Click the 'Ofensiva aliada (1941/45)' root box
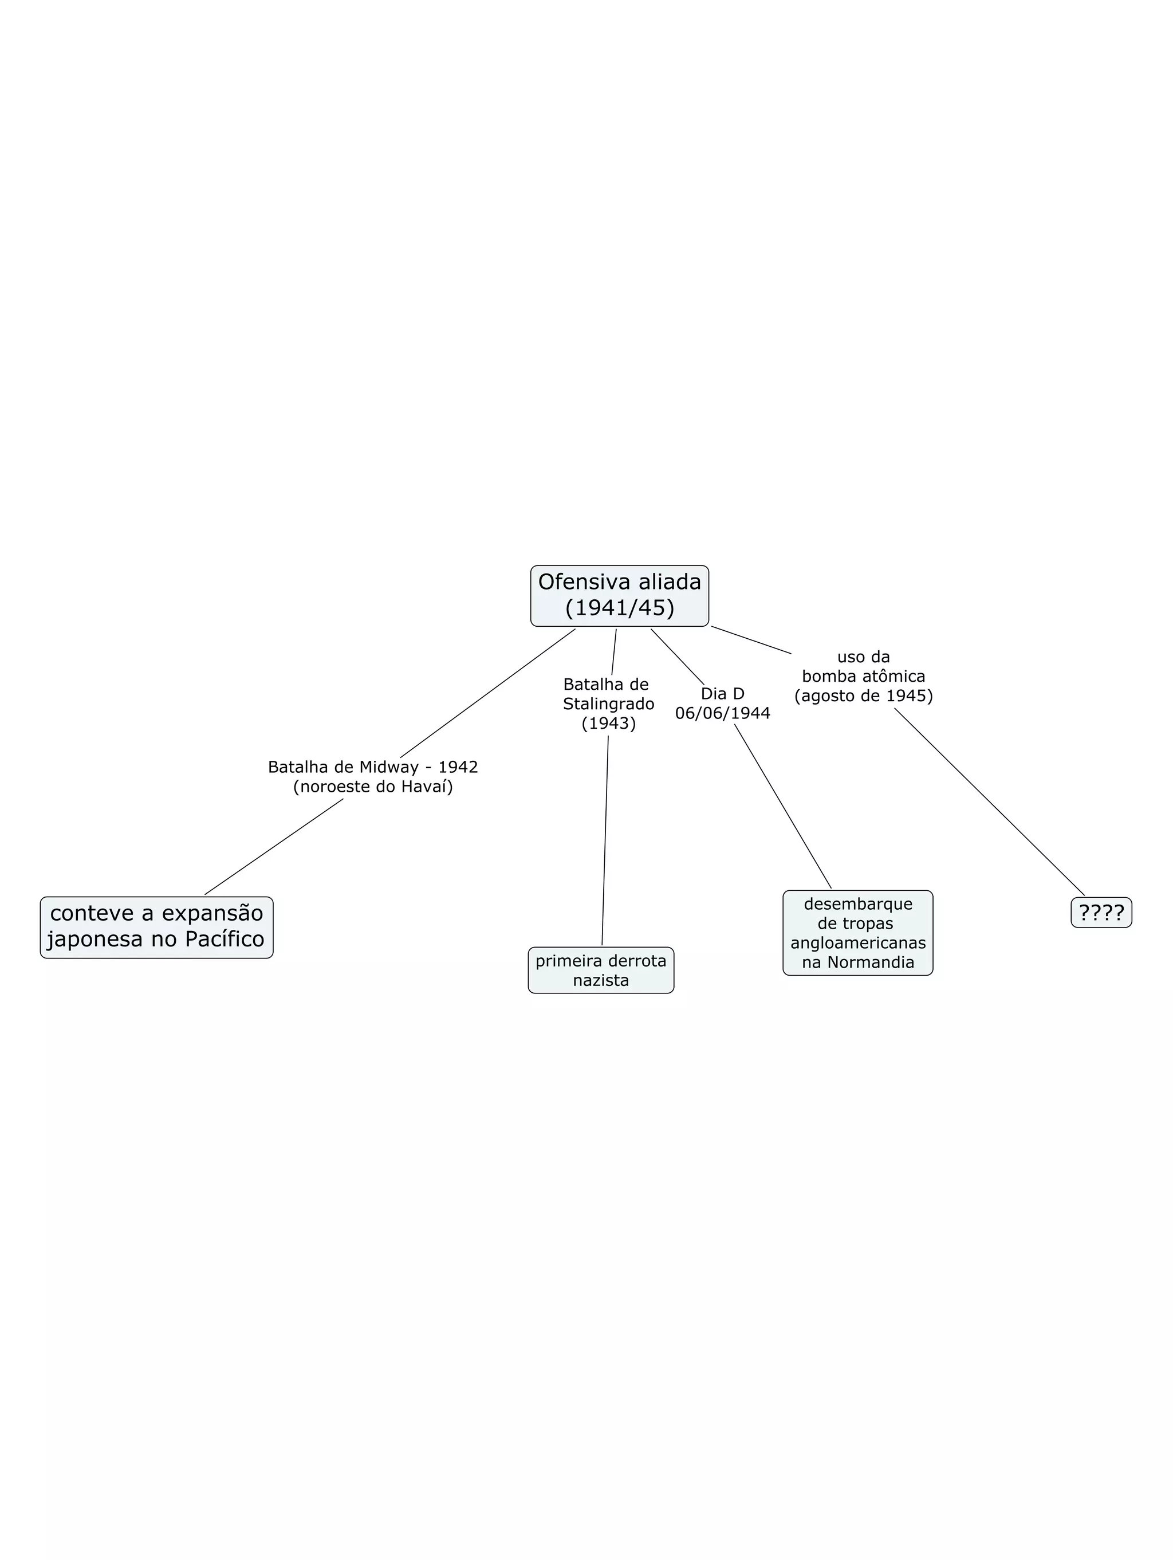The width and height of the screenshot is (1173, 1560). (619, 595)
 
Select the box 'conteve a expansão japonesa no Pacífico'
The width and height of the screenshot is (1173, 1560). (156, 927)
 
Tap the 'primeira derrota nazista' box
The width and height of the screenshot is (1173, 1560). (601, 970)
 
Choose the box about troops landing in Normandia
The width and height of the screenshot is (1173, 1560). (857, 932)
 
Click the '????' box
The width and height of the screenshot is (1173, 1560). (1100, 913)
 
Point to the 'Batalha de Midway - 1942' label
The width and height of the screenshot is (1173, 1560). (373, 767)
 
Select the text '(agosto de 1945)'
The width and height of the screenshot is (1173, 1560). (863, 695)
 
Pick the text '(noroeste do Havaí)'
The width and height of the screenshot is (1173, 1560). (373, 787)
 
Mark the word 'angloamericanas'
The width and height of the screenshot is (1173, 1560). (858, 943)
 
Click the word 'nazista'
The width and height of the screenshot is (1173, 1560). (601, 980)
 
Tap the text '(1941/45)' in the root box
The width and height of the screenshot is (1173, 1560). (619, 608)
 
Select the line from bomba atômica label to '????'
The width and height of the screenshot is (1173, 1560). (989, 801)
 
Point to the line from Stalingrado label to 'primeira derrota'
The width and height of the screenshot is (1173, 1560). (605, 839)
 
